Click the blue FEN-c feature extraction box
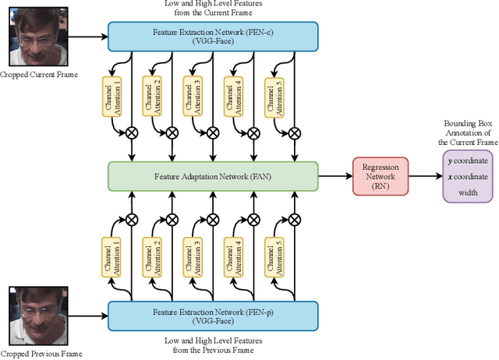[212, 36]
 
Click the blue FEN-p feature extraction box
[212, 316]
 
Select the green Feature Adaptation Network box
[212, 175]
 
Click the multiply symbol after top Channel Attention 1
[131, 133]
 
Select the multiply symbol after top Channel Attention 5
[294, 133]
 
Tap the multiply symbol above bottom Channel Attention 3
[212, 219]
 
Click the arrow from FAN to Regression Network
[336, 176]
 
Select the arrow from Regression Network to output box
[425, 176]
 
